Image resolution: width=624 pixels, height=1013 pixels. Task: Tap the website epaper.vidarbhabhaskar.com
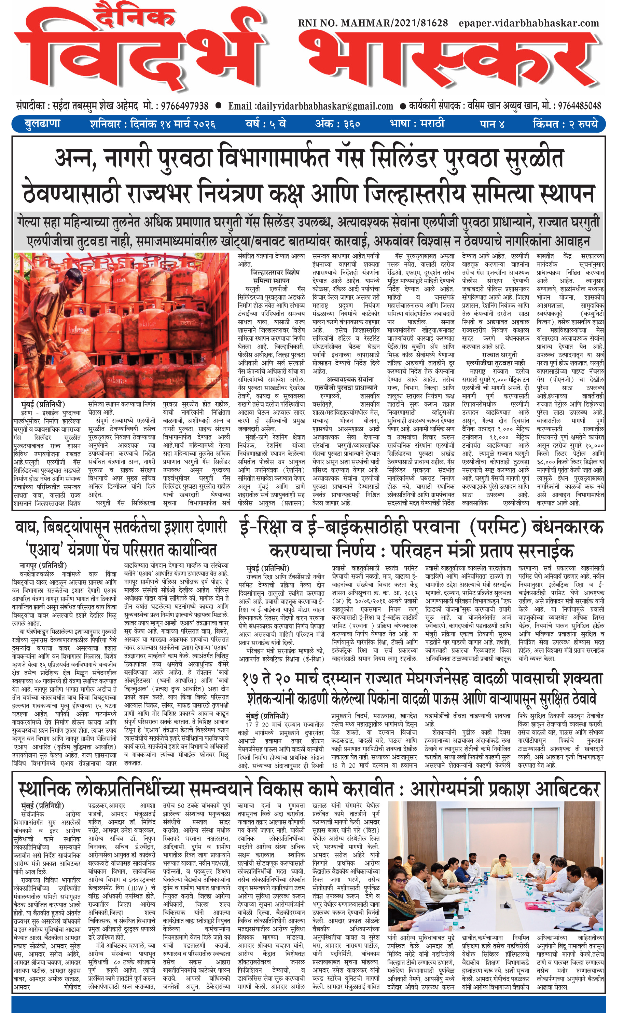tap(529, 23)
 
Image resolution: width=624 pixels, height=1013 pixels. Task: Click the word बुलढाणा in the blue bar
tap(42, 124)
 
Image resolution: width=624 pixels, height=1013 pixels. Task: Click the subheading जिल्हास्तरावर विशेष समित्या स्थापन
tap(275, 276)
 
